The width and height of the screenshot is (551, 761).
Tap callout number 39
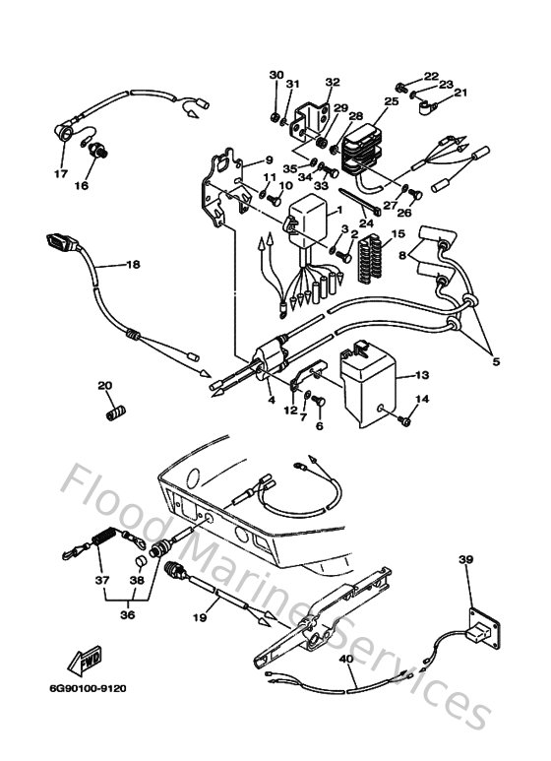(x=465, y=560)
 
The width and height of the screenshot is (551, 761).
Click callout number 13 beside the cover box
(x=421, y=375)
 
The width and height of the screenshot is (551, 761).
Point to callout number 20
(x=105, y=385)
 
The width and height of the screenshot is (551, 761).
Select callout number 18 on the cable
(x=133, y=265)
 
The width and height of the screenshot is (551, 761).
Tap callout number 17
(x=61, y=174)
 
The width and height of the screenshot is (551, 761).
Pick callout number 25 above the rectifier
(x=391, y=101)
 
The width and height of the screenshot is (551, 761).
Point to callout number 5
(x=496, y=362)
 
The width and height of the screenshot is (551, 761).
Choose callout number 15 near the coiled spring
(x=398, y=235)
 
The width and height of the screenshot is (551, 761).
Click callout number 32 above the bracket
(x=332, y=83)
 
